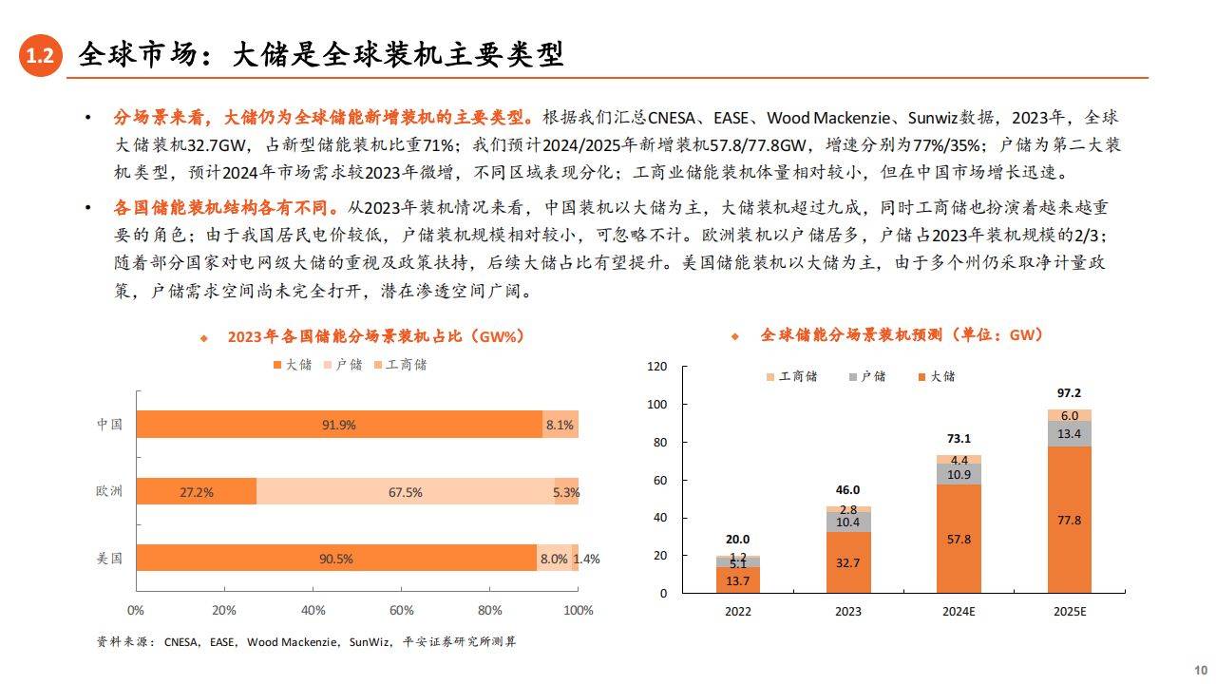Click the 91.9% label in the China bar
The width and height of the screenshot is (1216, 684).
tap(339, 425)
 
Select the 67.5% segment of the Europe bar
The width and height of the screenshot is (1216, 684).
tap(406, 492)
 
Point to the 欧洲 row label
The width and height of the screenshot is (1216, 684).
tap(109, 491)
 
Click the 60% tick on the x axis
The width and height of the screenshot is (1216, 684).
tap(401, 610)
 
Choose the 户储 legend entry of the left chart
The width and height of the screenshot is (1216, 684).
tap(343, 365)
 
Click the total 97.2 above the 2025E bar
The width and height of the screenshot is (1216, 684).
tap(1069, 392)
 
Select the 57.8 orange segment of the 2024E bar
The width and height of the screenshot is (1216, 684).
tap(959, 539)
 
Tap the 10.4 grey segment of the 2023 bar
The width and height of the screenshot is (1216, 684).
tap(848, 522)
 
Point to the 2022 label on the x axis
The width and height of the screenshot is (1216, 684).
tap(738, 611)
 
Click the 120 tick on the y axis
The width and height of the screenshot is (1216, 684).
tap(656, 367)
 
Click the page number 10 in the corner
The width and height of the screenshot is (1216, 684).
tap(1199, 668)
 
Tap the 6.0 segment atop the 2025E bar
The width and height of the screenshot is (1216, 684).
tap(1069, 416)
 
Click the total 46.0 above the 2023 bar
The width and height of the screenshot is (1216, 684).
tap(847, 490)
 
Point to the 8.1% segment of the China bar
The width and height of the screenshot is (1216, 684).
tap(560, 425)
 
